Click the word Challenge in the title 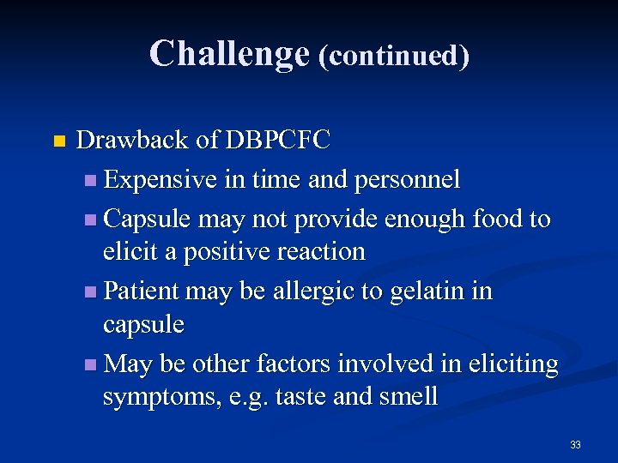[228, 53]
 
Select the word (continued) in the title [394, 55]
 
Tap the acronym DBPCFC [277, 141]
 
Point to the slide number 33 [575, 444]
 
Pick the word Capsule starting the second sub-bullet [147, 219]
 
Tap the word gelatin [426, 291]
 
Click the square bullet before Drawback [58, 141]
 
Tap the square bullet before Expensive [91, 181]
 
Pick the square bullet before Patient [91, 292]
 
